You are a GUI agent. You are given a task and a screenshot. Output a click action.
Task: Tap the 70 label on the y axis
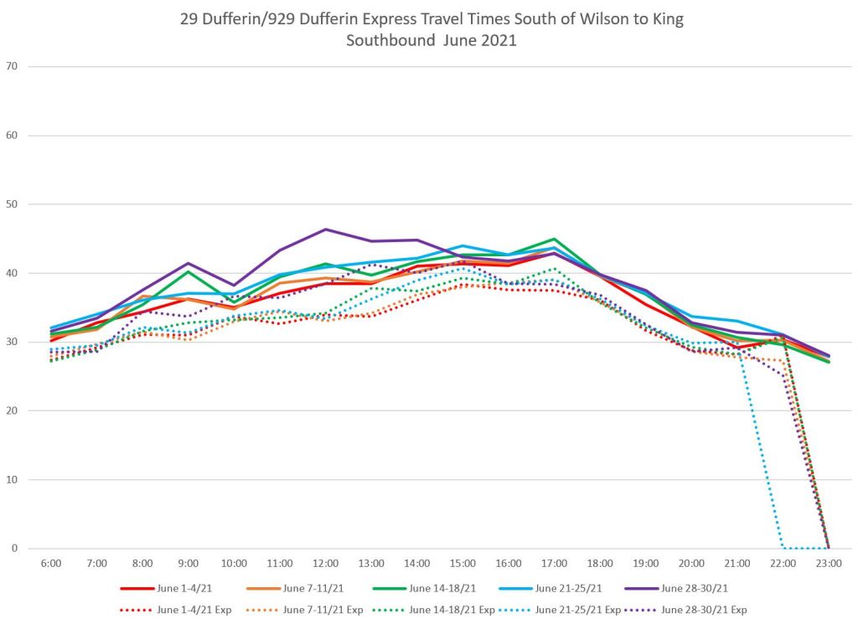[11, 66]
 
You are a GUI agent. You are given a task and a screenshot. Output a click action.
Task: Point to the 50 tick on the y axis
[11, 204]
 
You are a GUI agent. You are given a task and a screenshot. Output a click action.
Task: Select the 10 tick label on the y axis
[11, 480]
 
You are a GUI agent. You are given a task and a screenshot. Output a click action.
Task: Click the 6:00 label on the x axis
[51, 564]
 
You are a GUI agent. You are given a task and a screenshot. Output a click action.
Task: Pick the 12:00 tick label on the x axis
[325, 564]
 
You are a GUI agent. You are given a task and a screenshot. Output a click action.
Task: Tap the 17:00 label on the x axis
[554, 564]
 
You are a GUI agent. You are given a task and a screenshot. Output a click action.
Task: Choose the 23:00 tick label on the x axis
[828, 564]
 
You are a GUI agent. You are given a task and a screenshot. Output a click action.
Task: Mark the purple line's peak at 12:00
[325, 229]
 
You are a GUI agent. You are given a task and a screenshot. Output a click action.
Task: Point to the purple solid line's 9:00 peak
[189, 263]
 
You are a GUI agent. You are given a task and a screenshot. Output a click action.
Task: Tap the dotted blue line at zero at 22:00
[783, 549]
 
